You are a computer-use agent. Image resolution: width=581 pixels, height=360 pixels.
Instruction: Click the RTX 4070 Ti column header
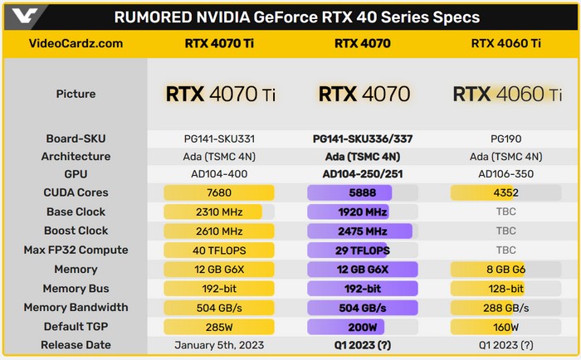coord(220,44)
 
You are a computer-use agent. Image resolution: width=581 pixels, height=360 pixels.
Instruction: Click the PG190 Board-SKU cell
coord(505,138)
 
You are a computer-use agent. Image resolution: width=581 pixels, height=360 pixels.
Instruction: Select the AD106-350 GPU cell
coord(505,174)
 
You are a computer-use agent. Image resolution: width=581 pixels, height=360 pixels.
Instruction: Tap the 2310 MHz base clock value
coord(220,212)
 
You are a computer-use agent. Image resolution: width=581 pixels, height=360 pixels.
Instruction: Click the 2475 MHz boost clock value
coord(363,231)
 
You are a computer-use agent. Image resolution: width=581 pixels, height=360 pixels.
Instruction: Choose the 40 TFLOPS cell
coord(220,251)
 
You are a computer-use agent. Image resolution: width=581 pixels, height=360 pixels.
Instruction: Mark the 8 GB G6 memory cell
coord(505,270)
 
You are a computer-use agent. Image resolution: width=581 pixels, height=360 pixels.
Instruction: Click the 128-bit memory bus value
coord(505,289)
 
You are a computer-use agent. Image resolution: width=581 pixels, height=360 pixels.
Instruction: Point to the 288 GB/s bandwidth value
coord(505,308)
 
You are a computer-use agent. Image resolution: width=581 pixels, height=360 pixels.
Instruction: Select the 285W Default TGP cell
coord(220,327)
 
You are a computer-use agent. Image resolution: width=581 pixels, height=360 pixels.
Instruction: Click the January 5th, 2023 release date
coord(220,345)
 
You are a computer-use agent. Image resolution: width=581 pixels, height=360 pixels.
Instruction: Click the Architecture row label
coord(76,156)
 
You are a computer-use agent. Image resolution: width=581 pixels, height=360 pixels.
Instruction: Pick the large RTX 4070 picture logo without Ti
coord(363,94)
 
